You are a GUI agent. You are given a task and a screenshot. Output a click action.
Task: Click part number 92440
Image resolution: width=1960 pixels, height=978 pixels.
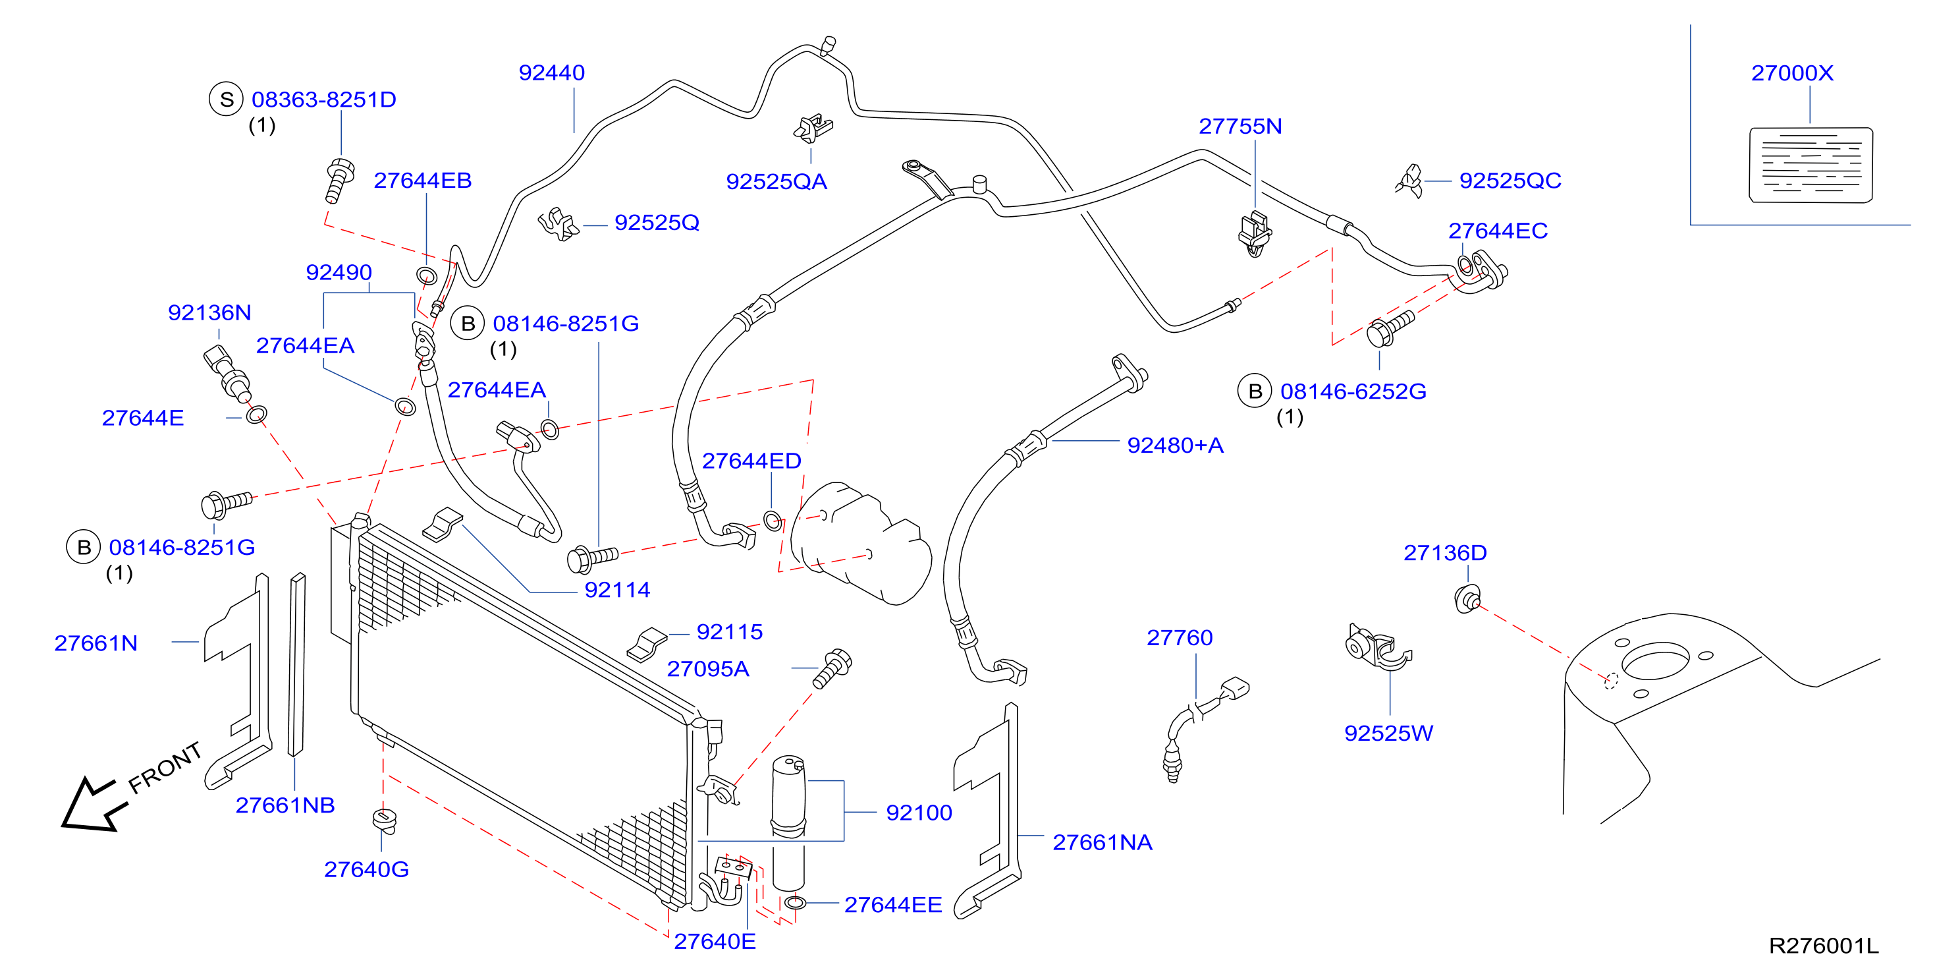pyautogui.click(x=552, y=73)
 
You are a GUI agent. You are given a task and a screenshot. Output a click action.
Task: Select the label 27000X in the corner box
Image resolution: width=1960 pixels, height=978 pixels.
pyautogui.click(x=1792, y=73)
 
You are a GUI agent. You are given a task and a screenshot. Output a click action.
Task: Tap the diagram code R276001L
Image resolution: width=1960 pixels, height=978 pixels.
pyautogui.click(x=1824, y=945)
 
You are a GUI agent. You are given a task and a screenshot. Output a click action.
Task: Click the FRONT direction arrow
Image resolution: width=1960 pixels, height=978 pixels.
pyautogui.click(x=92, y=805)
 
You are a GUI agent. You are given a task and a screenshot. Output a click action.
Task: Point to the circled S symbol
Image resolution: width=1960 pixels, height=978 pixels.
pyautogui.click(x=226, y=99)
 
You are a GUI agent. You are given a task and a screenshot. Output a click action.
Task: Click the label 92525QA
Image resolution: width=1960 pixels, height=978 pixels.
pyautogui.click(x=776, y=182)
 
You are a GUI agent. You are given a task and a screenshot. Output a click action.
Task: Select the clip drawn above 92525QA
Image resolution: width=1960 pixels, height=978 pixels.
pyautogui.click(x=813, y=129)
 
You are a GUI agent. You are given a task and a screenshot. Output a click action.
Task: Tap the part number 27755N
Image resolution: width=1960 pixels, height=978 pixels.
pyautogui.click(x=1240, y=127)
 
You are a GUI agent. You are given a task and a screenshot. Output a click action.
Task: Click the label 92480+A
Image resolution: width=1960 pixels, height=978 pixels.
pyautogui.click(x=1175, y=446)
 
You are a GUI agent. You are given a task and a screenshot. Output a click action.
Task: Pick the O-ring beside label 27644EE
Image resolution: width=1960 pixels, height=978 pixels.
pyautogui.click(x=795, y=903)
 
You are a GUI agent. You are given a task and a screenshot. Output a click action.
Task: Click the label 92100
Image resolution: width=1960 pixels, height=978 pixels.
pyautogui.click(x=919, y=813)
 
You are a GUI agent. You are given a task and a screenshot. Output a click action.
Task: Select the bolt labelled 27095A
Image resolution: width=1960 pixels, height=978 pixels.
pyautogui.click(x=832, y=669)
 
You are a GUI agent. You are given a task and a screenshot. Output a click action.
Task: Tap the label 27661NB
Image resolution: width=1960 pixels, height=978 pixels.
pyautogui.click(x=285, y=805)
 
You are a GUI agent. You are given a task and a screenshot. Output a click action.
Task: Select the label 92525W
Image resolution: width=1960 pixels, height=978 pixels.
pyautogui.click(x=1388, y=733)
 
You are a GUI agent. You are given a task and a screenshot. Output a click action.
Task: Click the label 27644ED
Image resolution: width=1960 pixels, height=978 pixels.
pyautogui.click(x=751, y=461)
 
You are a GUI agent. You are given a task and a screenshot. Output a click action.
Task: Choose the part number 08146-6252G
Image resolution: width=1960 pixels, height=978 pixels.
pyautogui.click(x=1353, y=391)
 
